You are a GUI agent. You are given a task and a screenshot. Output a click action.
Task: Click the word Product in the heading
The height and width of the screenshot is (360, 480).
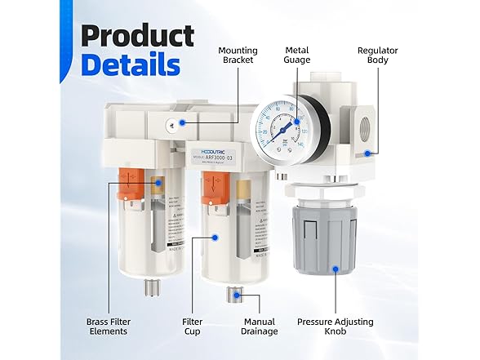pos(137,37)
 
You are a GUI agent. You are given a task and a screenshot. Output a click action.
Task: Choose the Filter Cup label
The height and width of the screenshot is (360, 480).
pos(192,326)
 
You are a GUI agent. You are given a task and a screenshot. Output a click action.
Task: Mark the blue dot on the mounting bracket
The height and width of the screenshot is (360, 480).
pos(183,123)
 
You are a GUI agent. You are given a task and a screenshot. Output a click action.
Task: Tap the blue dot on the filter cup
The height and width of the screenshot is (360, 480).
pos(216,238)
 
